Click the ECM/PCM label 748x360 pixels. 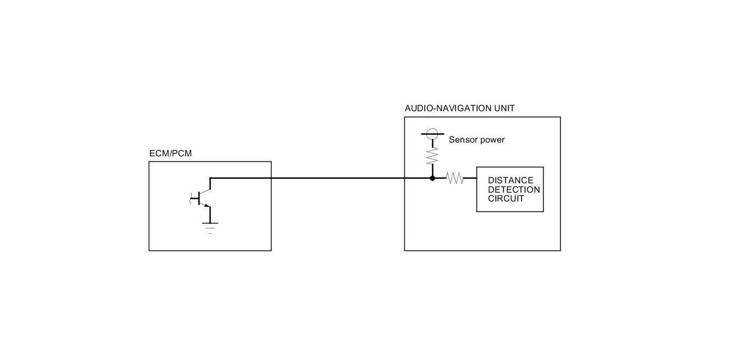(170, 154)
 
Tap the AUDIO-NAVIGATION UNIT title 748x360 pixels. (459, 108)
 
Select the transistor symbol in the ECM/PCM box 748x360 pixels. (203, 198)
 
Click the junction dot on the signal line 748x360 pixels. (432, 178)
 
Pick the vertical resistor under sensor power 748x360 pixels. (432, 155)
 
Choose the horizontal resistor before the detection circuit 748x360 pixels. (455, 178)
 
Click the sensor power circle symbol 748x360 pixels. (432, 133)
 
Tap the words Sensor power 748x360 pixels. (476, 140)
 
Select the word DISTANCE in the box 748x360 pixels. (510, 181)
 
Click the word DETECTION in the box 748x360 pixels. (513, 190)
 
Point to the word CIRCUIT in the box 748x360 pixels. (506, 199)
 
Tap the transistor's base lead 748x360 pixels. (194, 198)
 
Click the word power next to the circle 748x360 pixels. (492, 140)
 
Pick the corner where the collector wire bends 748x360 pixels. (210, 178)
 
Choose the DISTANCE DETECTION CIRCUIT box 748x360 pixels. (509, 189)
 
